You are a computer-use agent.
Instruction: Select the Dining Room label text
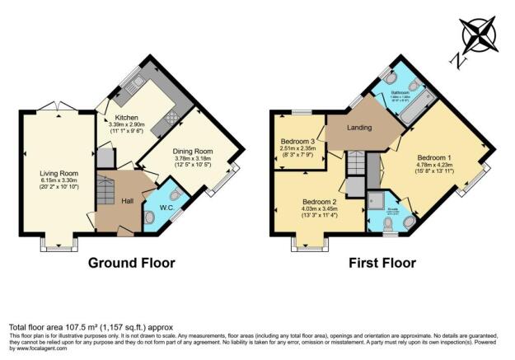click(192, 152)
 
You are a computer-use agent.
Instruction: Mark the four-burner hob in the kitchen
click(171, 118)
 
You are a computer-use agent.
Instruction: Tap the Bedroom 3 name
click(302, 142)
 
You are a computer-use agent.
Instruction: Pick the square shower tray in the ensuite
click(378, 202)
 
